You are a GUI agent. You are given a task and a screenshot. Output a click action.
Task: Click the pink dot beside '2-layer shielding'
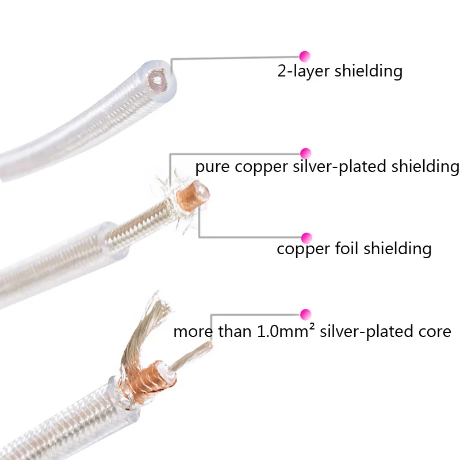[305, 56]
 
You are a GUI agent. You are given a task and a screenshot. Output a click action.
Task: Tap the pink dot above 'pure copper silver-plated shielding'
[305, 153]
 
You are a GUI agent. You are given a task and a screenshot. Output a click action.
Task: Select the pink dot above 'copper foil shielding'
[306, 237]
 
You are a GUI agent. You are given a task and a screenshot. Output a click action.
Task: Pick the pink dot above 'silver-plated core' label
[305, 314]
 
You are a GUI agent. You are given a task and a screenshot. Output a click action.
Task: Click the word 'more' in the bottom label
[191, 332]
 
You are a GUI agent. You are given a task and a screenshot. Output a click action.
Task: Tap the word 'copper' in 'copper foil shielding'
[301, 250]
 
